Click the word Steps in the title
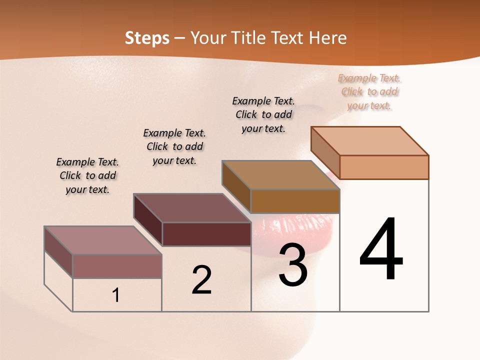coord(147,38)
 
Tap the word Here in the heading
coord(327,38)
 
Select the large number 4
coord(381,250)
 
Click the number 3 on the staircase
coord(293,265)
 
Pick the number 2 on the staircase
coord(202,280)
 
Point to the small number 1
coord(116,295)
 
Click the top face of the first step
coord(102,240)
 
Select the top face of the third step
coord(280,175)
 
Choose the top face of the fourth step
coord(370,141)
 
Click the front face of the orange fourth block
coord(384,167)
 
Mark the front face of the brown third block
coord(295,201)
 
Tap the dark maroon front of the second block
coord(206,234)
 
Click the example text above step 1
coord(87,175)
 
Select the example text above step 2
coord(174,146)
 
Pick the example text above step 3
coord(263,114)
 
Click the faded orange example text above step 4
coord(369,91)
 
